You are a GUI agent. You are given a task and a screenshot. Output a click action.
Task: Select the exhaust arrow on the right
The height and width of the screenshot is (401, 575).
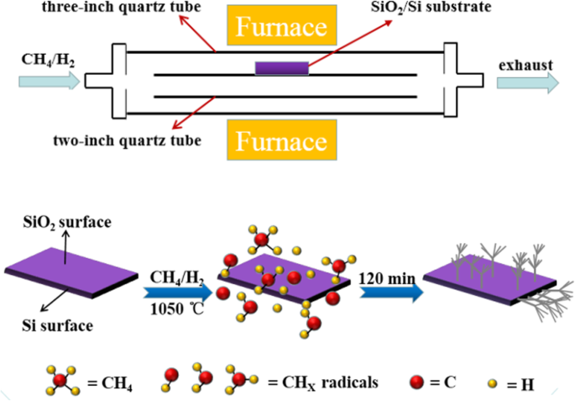527,82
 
